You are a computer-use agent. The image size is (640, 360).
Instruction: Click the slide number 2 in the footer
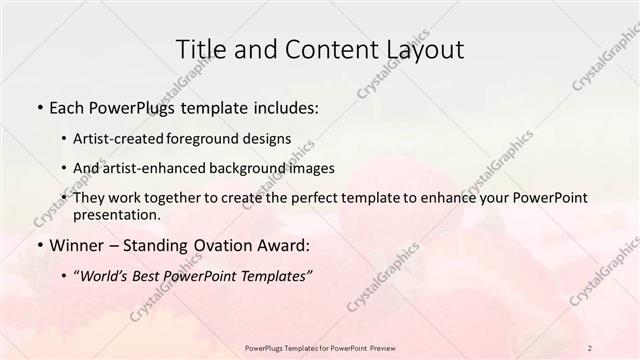(591, 347)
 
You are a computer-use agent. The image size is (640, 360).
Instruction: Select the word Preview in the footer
(377, 347)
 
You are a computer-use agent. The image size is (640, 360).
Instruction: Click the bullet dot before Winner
(38, 245)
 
